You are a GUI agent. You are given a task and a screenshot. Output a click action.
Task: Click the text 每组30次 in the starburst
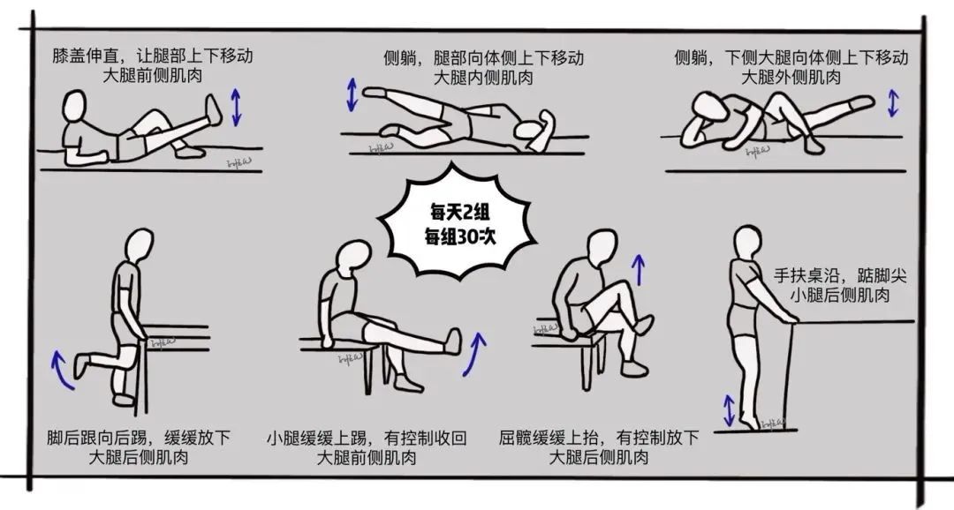[x=455, y=236]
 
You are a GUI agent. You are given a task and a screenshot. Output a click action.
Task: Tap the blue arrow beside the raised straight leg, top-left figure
[x=236, y=107]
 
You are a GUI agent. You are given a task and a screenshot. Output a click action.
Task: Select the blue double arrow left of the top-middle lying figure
[x=352, y=95]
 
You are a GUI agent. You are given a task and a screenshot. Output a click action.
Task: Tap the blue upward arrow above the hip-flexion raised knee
[x=639, y=264]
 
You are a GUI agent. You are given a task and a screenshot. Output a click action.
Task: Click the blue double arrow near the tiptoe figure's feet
[x=729, y=409]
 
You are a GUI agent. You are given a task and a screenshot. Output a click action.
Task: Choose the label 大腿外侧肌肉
[x=791, y=78]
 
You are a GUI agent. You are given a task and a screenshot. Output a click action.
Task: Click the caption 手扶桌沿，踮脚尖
[x=840, y=275]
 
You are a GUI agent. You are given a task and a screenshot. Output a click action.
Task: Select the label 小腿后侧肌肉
[x=840, y=296]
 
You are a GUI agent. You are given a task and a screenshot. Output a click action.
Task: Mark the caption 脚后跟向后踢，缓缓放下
[x=139, y=438]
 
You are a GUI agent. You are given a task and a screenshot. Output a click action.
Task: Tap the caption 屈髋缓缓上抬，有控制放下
[x=599, y=438]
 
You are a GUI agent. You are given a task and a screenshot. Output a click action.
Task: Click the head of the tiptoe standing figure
[x=746, y=238]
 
